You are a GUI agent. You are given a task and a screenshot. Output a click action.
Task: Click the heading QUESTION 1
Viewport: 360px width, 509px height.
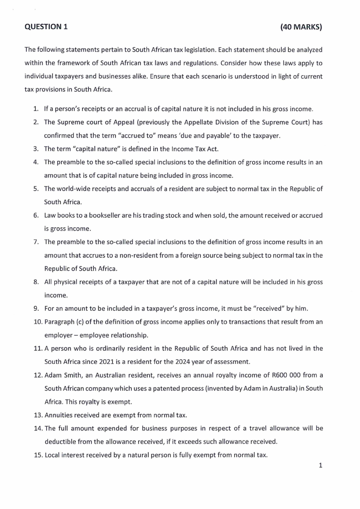point(46,27)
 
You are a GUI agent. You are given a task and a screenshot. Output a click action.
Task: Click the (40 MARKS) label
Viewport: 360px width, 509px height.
point(302,27)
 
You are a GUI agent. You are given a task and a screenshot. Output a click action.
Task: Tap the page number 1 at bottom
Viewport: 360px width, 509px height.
point(320,465)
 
